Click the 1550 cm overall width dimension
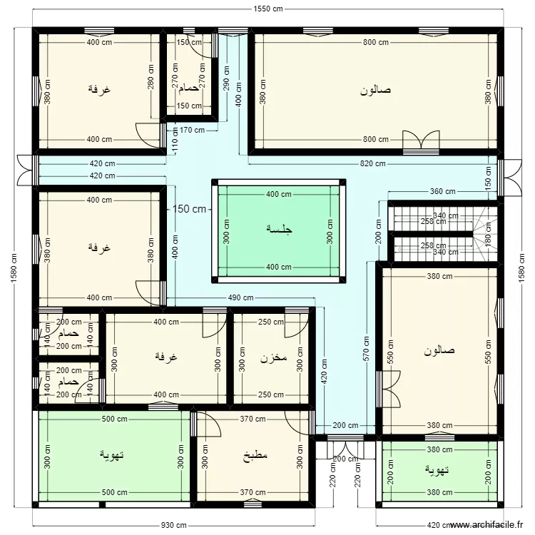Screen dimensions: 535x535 click(x=267, y=9)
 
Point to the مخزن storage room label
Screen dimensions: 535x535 click(x=273, y=357)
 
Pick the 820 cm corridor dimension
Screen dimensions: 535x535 click(x=372, y=163)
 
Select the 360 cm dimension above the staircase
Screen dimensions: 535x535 click(x=442, y=191)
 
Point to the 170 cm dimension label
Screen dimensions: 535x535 click(x=193, y=130)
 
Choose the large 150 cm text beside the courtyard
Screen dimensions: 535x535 click(x=190, y=209)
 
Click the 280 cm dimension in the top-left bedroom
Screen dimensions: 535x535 click(x=151, y=88)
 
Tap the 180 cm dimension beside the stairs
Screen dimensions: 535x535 click(x=489, y=233)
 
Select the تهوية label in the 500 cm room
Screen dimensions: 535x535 click(x=114, y=454)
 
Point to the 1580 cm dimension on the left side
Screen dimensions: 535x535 click(x=12, y=268)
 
